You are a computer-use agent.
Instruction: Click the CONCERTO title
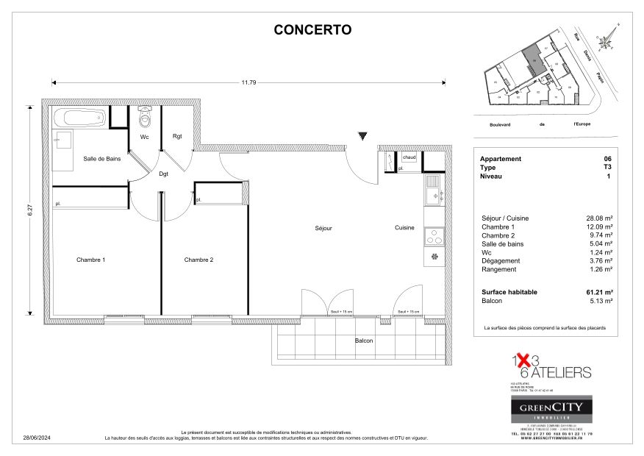tap(312, 30)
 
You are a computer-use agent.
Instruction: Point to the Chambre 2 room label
tap(198, 260)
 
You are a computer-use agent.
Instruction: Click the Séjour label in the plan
tap(323, 228)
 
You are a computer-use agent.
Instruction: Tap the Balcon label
tap(363, 341)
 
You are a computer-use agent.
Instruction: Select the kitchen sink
tap(433, 195)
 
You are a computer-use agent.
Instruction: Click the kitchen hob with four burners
tap(434, 235)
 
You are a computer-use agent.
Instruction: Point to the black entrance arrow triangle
tap(362, 136)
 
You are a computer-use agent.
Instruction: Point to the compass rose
tap(606, 41)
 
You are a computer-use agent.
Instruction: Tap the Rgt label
tap(177, 136)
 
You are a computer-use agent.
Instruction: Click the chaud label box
tap(409, 157)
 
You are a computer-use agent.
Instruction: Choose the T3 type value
tap(607, 168)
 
